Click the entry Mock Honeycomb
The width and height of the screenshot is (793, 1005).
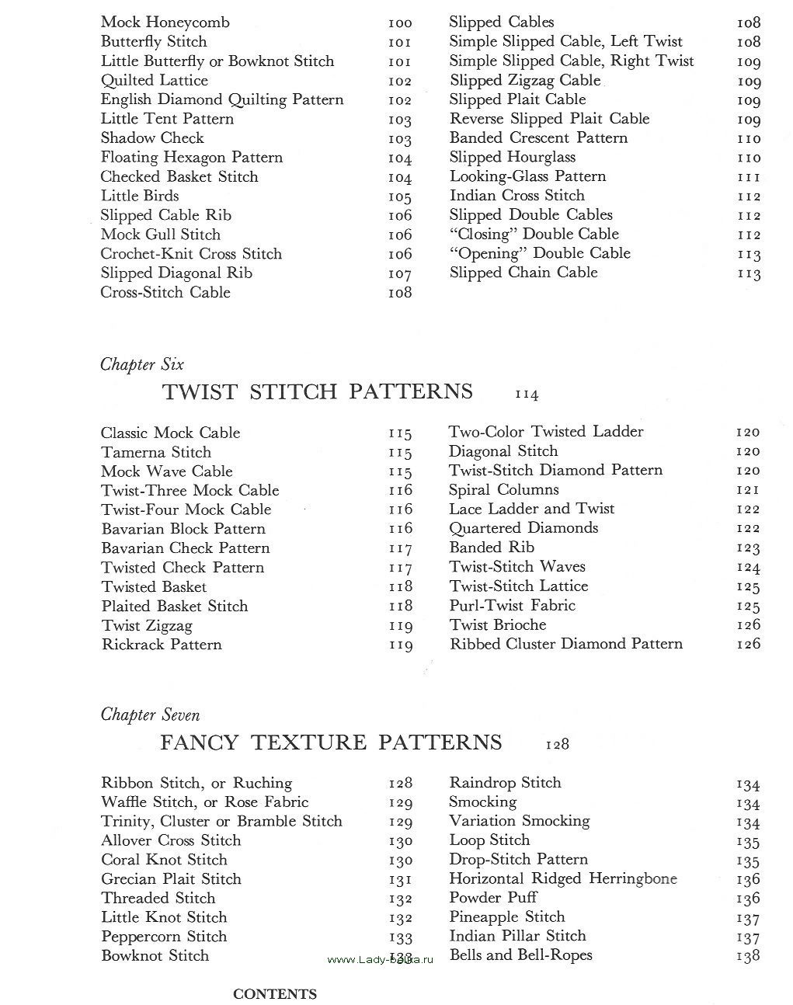point(165,23)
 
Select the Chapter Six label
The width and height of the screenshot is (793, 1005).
point(142,364)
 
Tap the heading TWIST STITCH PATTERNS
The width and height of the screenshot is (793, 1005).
point(318,391)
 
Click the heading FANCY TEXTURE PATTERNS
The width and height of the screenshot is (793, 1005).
point(331,742)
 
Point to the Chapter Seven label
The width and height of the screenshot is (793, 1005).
point(151,715)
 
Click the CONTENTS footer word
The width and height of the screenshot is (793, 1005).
point(275,994)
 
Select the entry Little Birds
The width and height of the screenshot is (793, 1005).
point(140,196)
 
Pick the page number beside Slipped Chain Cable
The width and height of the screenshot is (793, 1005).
point(749,273)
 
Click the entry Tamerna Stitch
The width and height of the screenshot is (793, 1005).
point(156,452)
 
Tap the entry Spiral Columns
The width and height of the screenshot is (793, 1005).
point(504,490)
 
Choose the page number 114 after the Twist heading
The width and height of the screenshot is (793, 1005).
point(527,395)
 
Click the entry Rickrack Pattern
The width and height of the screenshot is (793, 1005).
point(162,645)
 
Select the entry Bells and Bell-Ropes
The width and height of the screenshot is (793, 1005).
point(520,955)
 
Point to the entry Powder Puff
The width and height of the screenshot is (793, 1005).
point(493,898)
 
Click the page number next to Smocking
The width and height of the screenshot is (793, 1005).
point(748,803)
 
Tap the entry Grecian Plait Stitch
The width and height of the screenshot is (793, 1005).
point(171,879)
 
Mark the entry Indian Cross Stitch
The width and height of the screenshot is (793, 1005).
point(517,196)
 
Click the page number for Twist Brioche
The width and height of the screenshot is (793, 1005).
point(748,625)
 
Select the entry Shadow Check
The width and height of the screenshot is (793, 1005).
point(152,138)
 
